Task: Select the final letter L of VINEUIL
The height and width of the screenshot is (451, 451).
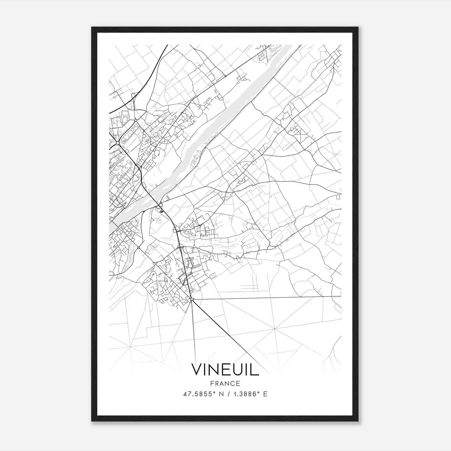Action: pos(255,370)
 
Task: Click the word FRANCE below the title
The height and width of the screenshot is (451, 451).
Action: pos(225,384)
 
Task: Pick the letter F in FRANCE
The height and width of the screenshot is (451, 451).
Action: pos(212,384)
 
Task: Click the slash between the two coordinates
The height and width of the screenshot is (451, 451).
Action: pos(227,394)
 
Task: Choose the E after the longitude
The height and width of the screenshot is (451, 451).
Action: pos(265,394)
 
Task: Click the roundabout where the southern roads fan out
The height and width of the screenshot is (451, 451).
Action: pos(192,299)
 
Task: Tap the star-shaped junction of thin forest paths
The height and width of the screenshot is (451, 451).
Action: pos(274,329)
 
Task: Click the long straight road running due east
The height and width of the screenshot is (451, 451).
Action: pos(268,298)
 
